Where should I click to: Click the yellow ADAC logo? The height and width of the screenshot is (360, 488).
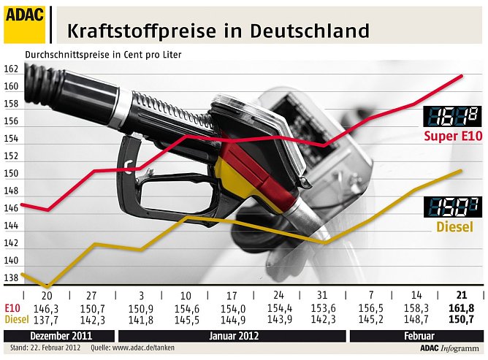click(24, 23)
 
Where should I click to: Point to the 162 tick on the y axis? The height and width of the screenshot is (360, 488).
click(11, 69)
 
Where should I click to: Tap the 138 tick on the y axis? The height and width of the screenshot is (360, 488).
click(11, 278)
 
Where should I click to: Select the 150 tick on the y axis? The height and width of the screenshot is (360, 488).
click(11, 174)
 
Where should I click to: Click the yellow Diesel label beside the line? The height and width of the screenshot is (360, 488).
click(454, 226)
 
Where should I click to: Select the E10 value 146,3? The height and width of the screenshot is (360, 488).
click(47, 308)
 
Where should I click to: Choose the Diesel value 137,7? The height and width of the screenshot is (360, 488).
click(47, 318)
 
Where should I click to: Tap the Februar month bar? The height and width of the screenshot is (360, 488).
click(416, 336)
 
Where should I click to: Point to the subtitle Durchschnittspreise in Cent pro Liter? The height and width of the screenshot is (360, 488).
click(103, 55)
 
